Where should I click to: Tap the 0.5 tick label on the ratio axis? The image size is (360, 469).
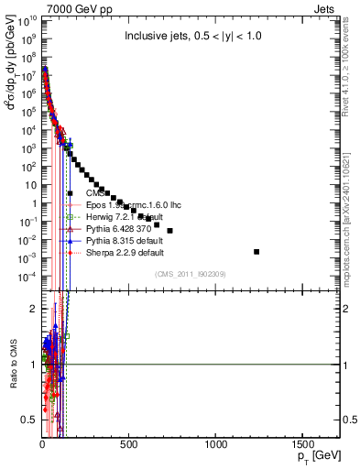click(x=29, y=420)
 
